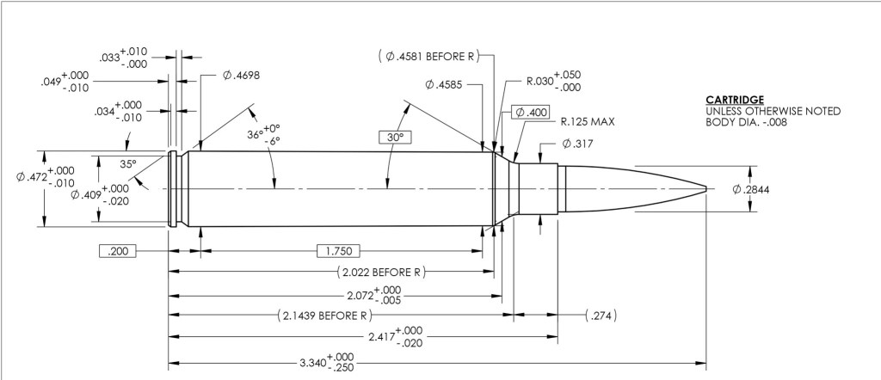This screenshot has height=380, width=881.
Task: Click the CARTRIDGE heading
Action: (x=735, y=100)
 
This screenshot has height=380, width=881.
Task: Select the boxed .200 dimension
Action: (x=117, y=251)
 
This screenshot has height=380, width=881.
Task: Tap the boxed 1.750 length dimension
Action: (x=338, y=251)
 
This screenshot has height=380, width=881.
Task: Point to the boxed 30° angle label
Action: (x=395, y=137)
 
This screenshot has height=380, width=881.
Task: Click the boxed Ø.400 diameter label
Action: (x=530, y=113)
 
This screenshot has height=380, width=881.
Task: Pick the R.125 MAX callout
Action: (x=587, y=122)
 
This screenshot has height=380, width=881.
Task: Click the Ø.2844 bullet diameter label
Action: (x=750, y=190)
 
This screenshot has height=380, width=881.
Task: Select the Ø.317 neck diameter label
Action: (x=577, y=144)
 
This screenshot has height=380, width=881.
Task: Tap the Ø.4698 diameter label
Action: (x=242, y=75)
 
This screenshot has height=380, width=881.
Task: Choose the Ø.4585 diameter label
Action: (x=444, y=85)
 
